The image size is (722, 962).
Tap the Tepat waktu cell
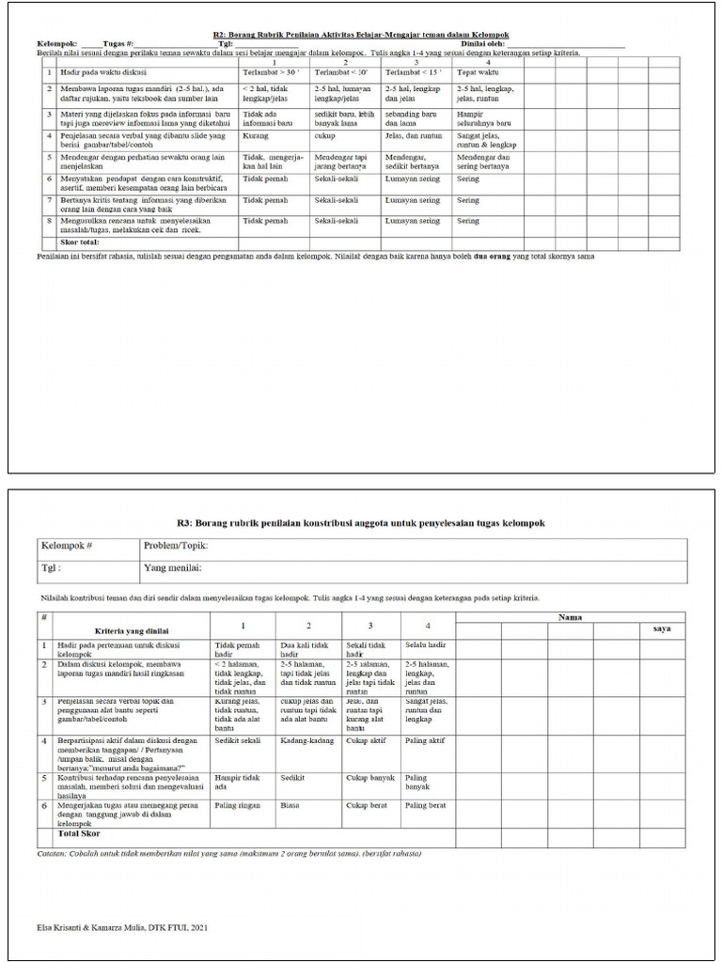[477, 71]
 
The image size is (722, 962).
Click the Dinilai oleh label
[483, 43]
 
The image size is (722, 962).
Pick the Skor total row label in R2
[80, 242]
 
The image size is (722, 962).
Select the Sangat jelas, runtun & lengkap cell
[486, 140]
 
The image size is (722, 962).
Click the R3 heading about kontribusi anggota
[360, 523]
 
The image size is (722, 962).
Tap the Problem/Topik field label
[175, 546]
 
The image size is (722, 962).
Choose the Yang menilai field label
[172, 568]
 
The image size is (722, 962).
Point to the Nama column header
[570, 617]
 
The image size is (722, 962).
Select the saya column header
[662, 628]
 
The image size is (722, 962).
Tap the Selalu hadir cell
[425, 646]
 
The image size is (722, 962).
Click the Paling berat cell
[425, 806]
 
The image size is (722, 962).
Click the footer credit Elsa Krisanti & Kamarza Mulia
[123, 927]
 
